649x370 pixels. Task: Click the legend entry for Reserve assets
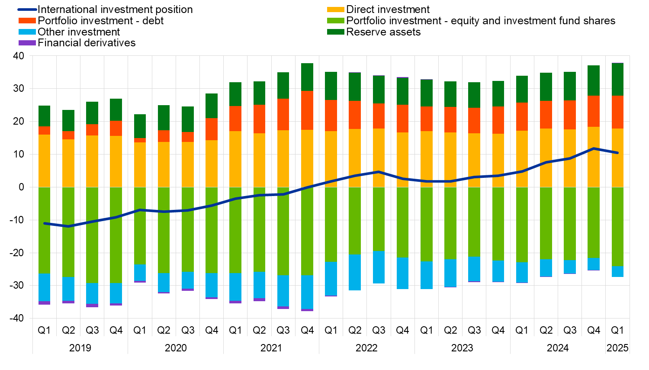pyautogui.click(x=383, y=32)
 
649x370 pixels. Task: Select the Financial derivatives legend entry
pyautogui.click(x=87, y=43)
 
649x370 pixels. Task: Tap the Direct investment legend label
pyautogui.click(x=388, y=10)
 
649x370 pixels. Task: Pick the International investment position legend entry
pyautogui.click(x=115, y=10)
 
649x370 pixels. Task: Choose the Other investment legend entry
pyautogui.click(x=79, y=32)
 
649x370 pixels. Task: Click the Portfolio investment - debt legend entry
pyautogui.click(x=101, y=21)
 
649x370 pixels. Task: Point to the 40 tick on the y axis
pyautogui.click(x=19, y=56)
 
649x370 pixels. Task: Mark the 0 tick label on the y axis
pyautogui.click(x=21, y=187)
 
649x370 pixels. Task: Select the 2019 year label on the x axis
pyautogui.click(x=80, y=348)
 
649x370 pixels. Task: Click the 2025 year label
pyautogui.click(x=617, y=348)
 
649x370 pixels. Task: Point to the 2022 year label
pyautogui.click(x=366, y=348)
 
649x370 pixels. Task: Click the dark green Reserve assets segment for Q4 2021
pyautogui.click(x=307, y=77)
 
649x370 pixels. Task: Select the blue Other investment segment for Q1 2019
pyautogui.click(x=44, y=287)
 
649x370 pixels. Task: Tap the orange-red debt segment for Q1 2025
pyautogui.click(x=617, y=112)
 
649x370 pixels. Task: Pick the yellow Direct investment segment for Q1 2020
pyautogui.click(x=140, y=164)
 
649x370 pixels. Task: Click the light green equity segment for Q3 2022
pyautogui.click(x=379, y=219)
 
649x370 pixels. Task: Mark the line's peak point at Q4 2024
pyautogui.click(x=594, y=148)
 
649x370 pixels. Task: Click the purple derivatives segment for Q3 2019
pyautogui.click(x=92, y=306)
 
